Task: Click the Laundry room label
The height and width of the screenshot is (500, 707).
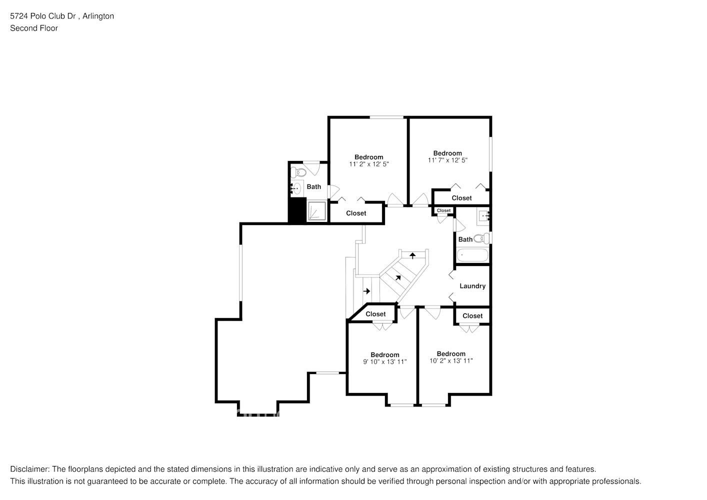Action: pos(472,286)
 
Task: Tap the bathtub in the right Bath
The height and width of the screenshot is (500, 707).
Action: pos(472,255)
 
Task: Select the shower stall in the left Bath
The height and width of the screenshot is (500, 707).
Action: pos(316,211)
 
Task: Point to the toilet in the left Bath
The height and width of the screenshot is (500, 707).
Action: pos(299,173)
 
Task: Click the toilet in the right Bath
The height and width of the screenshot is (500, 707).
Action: pos(482,238)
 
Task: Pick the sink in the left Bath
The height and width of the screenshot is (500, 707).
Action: pos(296,188)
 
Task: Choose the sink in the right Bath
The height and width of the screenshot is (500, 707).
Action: pos(483,216)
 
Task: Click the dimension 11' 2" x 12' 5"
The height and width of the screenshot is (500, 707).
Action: pos(368,164)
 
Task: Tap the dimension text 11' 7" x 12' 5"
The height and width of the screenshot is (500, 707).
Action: pos(447,160)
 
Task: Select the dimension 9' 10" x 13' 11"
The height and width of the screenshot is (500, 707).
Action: pos(384,362)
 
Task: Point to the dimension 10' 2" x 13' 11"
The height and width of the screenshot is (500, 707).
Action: pos(451,361)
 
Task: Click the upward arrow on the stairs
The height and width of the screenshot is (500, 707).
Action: pos(412,255)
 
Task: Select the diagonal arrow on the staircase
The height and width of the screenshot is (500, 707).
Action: pos(398,277)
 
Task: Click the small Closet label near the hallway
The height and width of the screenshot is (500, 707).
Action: pos(443,210)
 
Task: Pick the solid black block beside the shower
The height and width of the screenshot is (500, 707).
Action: pos(297,210)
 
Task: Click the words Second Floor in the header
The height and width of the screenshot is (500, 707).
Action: pos(34,28)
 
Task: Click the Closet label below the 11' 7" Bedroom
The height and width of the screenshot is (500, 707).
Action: pos(461,198)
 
